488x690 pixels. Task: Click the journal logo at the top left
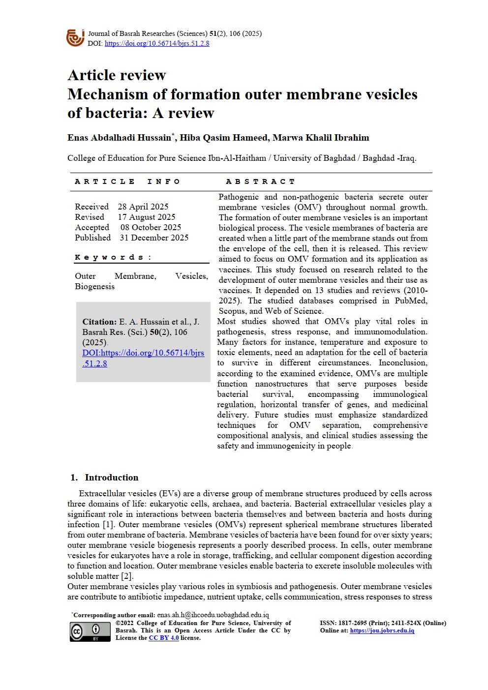(x=75, y=38)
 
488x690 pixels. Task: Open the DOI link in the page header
(x=157, y=43)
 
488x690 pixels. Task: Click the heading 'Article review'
(x=117, y=75)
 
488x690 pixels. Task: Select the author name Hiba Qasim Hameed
(x=224, y=138)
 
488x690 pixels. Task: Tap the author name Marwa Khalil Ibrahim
(x=321, y=138)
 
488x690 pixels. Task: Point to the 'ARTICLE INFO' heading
(x=127, y=181)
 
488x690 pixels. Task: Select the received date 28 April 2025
(x=143, y=207)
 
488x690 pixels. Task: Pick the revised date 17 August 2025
(x=147, y=217)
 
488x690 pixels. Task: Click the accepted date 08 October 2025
(x=151, y=227)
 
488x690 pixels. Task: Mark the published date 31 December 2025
(x=154, y=238)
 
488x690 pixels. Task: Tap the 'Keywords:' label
(x=113, y=257)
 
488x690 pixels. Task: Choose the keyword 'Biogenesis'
(x=94, y=286)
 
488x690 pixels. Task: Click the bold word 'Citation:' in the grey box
(x=99, y=322)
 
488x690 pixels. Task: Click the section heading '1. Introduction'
(x=104, y=477)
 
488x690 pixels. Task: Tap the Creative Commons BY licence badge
(x=83, y=631)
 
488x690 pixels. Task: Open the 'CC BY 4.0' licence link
(x=164, y=638)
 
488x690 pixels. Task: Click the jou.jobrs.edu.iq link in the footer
(x=382, y=630)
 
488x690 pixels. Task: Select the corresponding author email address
(x=213, y=615)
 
